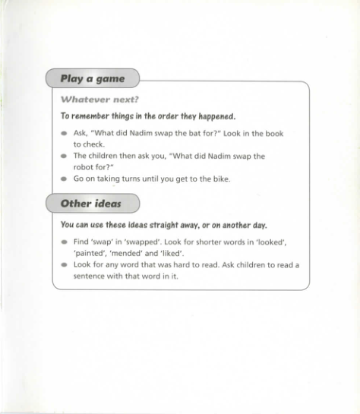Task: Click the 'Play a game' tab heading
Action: tap(92, 78)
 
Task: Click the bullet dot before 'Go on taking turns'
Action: tap(64, 180)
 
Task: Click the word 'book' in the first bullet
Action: tap(274, 134)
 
